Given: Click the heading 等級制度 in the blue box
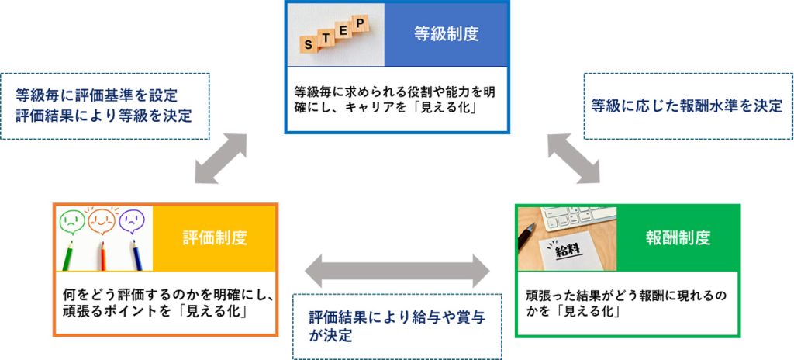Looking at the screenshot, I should click(x=445, y=34).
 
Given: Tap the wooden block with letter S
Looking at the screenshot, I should click(x=309, y=45).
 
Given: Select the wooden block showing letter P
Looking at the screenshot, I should click(x=359, y=24).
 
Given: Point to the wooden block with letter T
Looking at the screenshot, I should click(x=326, y=37).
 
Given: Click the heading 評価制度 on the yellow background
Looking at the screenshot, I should click(x=215, y=237).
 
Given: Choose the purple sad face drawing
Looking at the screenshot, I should click(x=133, y=220).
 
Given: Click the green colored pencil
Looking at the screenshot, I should click(x=71, y=256).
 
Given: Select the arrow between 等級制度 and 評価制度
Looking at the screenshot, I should click(x=221, y=160).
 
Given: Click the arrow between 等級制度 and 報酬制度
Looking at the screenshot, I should click(x=573, y=158).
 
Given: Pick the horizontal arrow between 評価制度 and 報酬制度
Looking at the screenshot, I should click(x=398, y=272).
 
